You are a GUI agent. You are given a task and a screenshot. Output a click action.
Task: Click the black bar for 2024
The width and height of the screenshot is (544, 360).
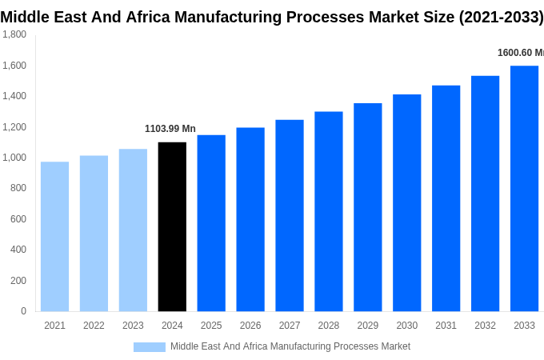(172, 226)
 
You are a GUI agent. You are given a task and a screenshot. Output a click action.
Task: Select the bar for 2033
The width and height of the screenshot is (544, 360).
(524, 188)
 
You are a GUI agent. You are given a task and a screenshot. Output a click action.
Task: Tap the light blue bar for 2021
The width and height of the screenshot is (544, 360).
(54, 236)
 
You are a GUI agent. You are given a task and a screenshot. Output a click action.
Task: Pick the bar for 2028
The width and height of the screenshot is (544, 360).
(328, 211)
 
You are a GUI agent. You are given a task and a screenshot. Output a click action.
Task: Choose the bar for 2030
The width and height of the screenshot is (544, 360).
(406, 202)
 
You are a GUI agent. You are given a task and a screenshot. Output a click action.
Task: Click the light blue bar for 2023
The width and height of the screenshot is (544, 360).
(133, 230)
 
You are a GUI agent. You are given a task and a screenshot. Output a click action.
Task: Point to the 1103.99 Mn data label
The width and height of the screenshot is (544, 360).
(170, 129)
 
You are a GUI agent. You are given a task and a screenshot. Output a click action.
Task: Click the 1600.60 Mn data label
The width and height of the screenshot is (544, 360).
(520, 53)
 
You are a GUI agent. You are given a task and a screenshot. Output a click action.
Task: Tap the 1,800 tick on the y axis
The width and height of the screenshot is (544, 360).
(14, 34)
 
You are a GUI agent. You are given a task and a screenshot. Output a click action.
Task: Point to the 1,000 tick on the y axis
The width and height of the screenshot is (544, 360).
(14, 158)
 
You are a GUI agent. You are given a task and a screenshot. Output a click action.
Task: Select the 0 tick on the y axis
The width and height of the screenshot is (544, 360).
(23, 311)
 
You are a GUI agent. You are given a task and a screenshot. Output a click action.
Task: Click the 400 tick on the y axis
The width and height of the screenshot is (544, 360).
(18, 250)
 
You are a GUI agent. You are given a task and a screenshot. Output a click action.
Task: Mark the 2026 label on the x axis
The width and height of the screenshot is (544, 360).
(250, 326)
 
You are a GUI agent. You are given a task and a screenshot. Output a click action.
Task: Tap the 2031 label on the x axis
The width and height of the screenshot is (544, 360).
(446, 326)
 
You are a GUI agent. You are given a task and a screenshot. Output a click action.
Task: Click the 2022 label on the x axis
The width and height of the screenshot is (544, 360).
(94, 326)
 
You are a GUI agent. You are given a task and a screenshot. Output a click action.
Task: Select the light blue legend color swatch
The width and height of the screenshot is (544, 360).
(149, 347)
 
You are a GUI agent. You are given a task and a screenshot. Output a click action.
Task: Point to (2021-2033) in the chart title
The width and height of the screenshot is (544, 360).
(501, 17)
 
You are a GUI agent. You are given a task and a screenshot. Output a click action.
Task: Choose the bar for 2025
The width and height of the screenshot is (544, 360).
(211, 222)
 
